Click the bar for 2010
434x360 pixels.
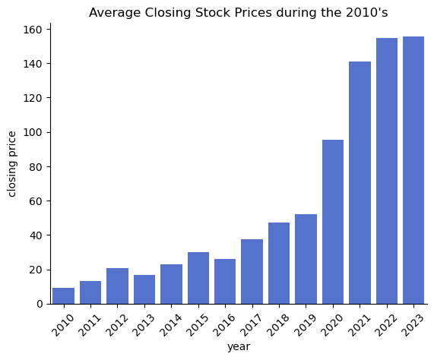point(63,296)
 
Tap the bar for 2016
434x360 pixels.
point(225,282)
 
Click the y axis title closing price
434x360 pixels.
point(12,163)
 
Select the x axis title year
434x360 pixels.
point(239,346)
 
